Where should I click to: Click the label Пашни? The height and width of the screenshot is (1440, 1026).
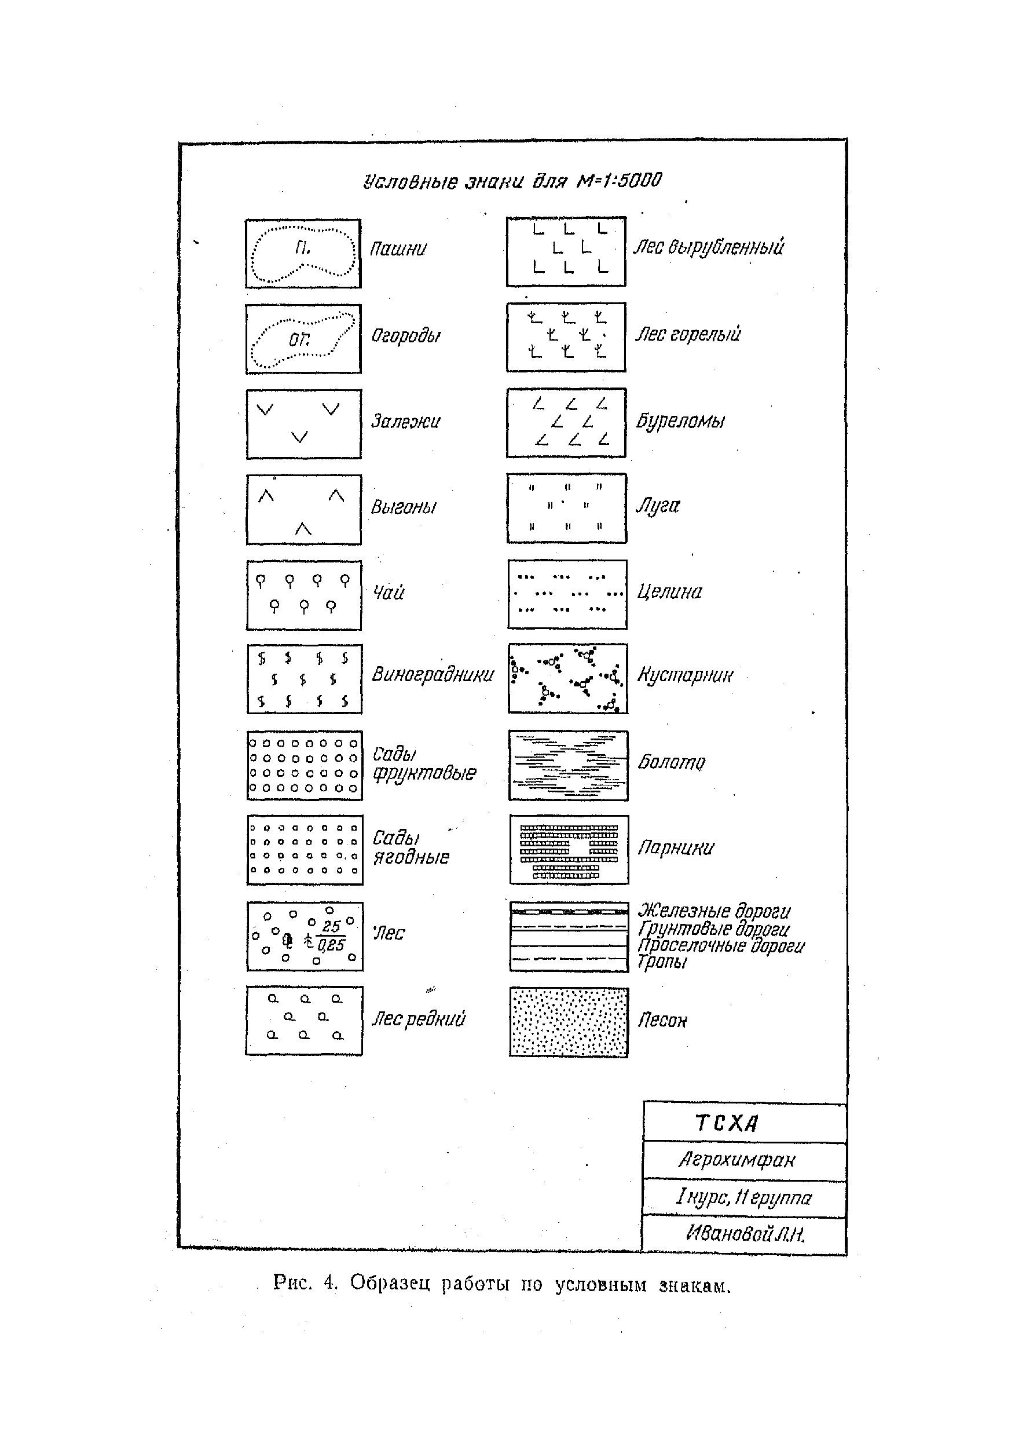pyautogui.click(x=398, y=248)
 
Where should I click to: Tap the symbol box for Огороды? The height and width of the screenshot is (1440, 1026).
pyautogui.click(x=303, y=339)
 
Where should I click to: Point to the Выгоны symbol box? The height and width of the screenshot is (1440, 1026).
pyautogui.click(x=304, y=509)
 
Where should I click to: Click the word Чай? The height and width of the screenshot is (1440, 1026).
pyautogui.click(x=388, y=592)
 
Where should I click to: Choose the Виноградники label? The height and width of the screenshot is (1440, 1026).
pyautogui.click(x=432, y=675)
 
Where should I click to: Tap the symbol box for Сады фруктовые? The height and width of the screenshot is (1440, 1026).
pyautogui.click(x=305, y=765)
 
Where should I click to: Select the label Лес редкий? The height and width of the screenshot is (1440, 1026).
pyautogui.click(x=418, y=1018)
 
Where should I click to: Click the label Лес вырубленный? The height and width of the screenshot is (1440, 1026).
pyautogui.click(x=708, y=246)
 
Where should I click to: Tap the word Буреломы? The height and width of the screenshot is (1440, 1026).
pyautogui.click(x=680, y=421)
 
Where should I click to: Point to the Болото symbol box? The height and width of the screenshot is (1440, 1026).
pyautogui.click(x=569, y=765)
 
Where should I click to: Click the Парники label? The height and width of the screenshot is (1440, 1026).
pyautogui.click(x=675, y=847)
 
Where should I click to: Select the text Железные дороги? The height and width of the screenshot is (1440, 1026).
pyautogui.click(x=714, y=911)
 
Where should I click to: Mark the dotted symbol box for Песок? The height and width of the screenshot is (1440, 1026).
pyautogui.click(x=569, y=1022)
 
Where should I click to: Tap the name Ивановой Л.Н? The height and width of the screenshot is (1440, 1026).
pyautogui.click(x=745, y=1233)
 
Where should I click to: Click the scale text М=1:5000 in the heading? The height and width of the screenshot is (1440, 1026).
pyautogui.click(x=618, y=181)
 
